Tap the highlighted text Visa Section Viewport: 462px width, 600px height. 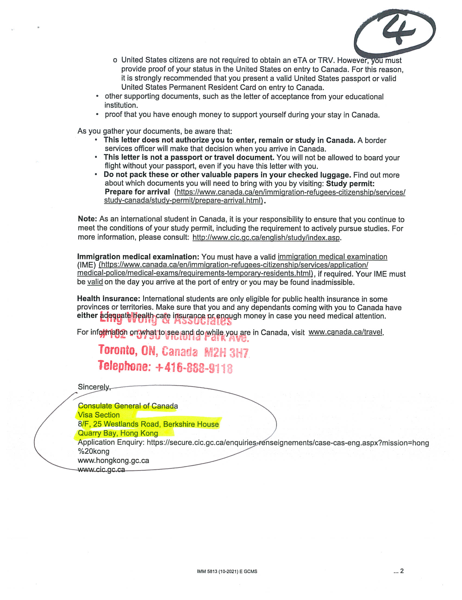pyautogui.click(x=99, y=415)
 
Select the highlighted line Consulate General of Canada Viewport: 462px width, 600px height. pyautogui.click(x=128, y=406)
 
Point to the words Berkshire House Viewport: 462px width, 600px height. pyautogui.click(x=191, y=424)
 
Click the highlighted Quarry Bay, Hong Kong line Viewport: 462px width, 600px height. pyautogui.click(x=118, y=433)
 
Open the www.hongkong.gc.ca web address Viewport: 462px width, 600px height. pyautogui.click(x=113, y=460)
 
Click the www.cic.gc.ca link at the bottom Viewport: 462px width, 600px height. pyautogui.click(x=101, y=470)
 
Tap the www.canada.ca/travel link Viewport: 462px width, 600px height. pyautogui.click(x=345, y=332)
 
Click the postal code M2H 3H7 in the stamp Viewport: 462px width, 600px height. pyautogui.click(x=226, y=353)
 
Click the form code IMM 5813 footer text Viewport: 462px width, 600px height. pyautogui.click(x=227, y=571)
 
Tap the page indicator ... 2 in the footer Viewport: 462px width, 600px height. pyautogui.click(x=398, y=571)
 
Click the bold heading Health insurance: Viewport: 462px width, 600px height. pyautogui.click(x=109, y=299)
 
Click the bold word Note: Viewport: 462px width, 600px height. pyautogui.click(x=87, y=219)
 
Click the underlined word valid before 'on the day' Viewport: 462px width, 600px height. pyautogui.click(x=95, y=282)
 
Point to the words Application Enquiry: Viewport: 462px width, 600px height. pyautogui.click(x=111, y=442)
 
